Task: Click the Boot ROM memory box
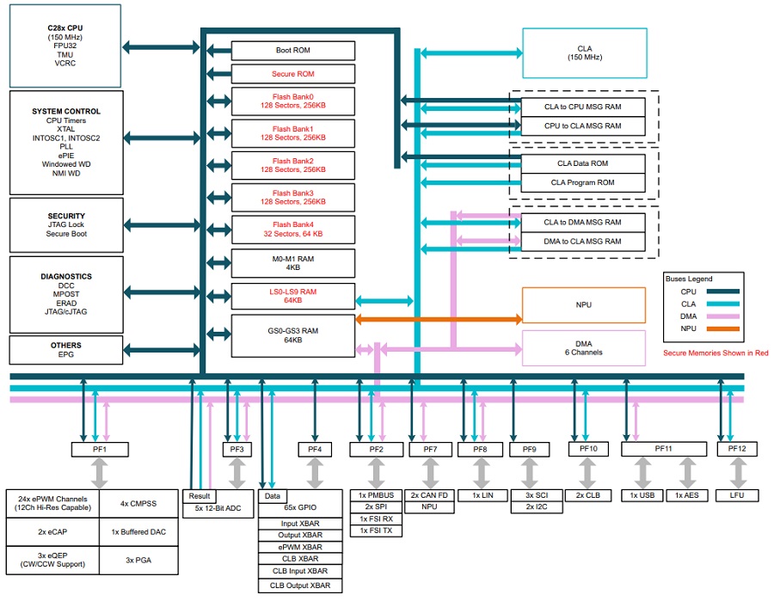click(293, 51)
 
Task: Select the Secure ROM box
click(293, 74)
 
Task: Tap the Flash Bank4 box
click(293, 229)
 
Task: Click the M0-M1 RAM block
click(293, 261)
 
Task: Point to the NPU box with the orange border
click(584, 304)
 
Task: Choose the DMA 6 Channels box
click(584, 347)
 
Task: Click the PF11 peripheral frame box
click(663, 449)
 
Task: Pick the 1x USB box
click(642, 496)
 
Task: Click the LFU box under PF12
click(737, 496)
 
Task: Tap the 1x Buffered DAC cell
click(138, 531)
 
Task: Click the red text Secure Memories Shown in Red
click(716, 353)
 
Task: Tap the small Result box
click(199, 496)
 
